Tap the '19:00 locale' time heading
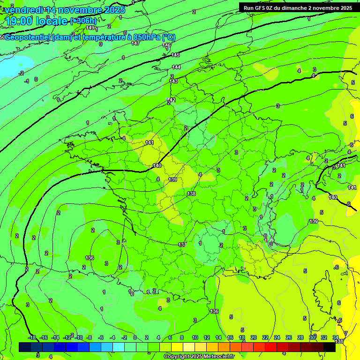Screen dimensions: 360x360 (37, 21)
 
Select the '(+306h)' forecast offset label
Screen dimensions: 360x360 (83, 21)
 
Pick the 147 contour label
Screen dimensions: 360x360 (135, 43)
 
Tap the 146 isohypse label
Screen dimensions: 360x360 (166, 45)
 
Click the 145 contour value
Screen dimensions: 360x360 (175, 55)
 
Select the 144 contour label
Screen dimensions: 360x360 (176, 67)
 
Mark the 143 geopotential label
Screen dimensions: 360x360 (173, 81)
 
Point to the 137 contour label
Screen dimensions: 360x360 (182, 245)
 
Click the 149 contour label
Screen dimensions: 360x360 (90, 28)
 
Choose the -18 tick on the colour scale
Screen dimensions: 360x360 (32, 337)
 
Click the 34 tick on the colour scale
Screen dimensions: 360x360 (336, 337)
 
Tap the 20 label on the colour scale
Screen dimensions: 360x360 (254, 337)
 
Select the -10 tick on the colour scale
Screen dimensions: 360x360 (79, 337)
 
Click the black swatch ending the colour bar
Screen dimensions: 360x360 (330, 347)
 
